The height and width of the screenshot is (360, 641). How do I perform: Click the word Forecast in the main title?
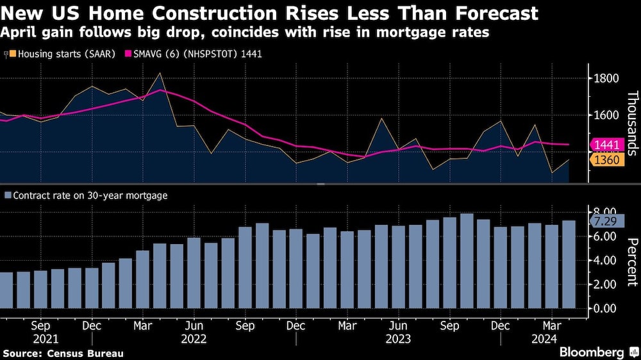tap(488, 13)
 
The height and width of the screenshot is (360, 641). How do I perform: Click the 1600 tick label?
tap(606, 115)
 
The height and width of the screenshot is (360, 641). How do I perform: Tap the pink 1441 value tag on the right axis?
tap(606, 145)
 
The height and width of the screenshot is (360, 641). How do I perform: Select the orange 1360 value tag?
tap(606, 160)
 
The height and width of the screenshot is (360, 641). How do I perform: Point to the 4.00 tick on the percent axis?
tap(606, 261)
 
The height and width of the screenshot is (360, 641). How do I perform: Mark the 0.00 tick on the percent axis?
tap(606, 308)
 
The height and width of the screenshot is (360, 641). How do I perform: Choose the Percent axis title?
tap(632, 262)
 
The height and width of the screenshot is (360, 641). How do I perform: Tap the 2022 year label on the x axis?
tap(193, 339)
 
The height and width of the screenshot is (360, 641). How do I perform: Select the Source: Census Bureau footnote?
tap(63, 353)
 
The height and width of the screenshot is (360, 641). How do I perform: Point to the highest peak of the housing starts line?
tap(160, 73)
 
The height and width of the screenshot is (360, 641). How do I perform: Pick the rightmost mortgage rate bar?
tap(568, 264)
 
